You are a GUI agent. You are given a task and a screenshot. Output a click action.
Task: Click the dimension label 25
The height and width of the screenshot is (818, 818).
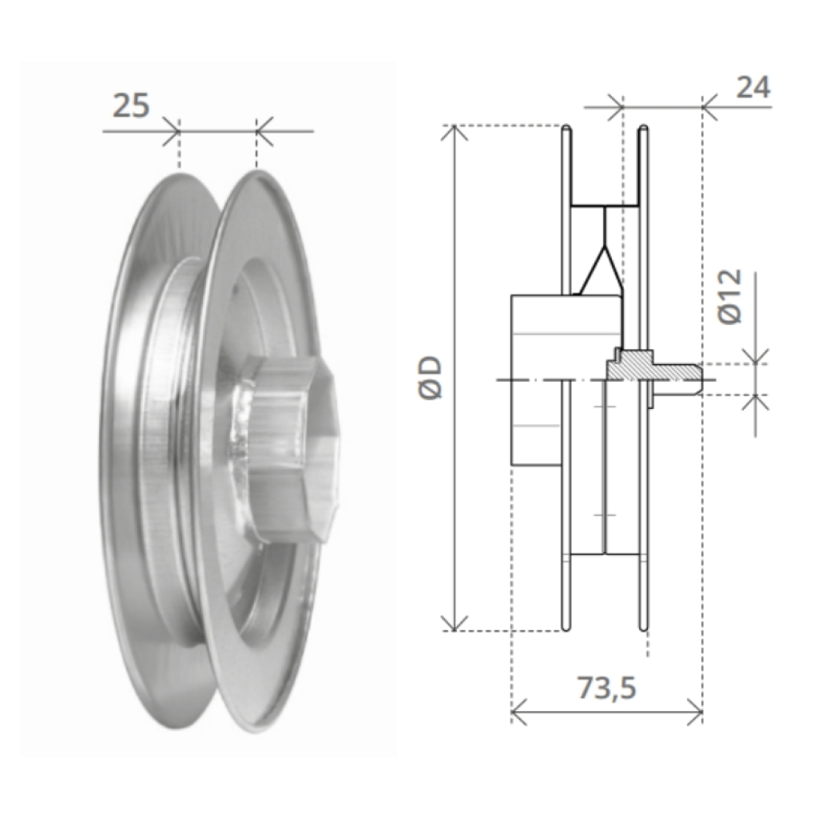pyautogui.click(x=131, y=106)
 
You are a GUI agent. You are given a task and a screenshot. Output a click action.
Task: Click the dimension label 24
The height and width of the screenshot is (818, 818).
pyautogui.click(x=752, y=88)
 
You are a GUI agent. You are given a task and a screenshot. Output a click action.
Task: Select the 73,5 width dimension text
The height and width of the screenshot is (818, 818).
pyautogui.click(x=607, y=687)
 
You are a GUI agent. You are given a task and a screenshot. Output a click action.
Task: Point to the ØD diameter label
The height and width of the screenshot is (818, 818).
pyautogui.click(x=431, y=378)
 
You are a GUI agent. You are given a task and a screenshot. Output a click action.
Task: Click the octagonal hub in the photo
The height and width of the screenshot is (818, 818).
pyautogui.click(x=292, y=446)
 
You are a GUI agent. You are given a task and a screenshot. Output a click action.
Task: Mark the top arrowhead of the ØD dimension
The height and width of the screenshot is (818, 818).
pyautogui.click(x=455, y=133)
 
